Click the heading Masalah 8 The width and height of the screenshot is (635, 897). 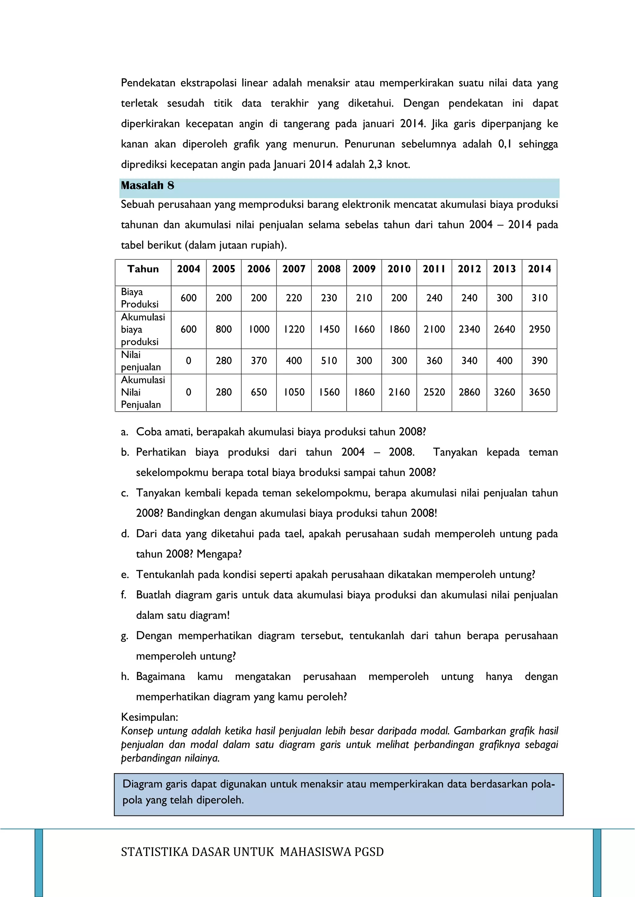click(x=147, y=185)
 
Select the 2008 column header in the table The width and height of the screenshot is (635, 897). click(x=329, y=269)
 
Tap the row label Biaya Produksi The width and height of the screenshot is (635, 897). click(x=140, y=298)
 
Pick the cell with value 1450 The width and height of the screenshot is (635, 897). click(x=329, y=329)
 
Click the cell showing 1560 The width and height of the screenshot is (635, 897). click(x=329, y=392)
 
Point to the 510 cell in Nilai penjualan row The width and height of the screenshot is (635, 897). click(x=329, y=361)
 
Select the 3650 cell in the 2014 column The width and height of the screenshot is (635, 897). click(x=539, y=392)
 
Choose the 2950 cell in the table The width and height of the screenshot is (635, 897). click(x=539, y=329)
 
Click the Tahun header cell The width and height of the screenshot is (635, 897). click(x=143, y=269)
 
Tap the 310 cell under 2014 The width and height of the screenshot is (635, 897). click(x=539, y=298)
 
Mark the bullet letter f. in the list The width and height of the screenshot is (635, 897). click(x=124, y=595)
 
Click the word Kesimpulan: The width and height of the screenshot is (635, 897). click(x=149, y=717)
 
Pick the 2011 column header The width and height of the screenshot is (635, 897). click(x=434, y=269)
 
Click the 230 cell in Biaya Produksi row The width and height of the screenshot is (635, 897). click(x=329, y=298)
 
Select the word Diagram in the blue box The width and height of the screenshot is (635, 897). click(x=142, y=784)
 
